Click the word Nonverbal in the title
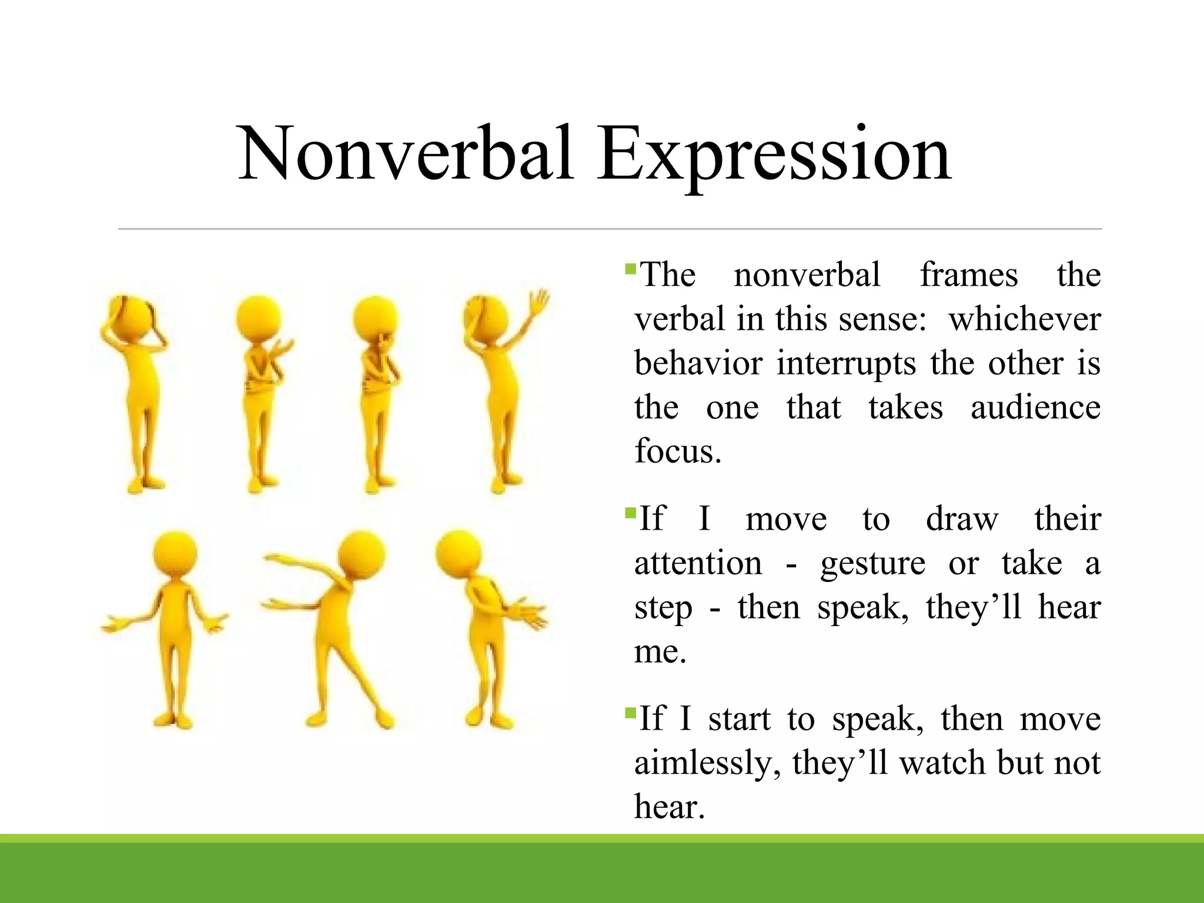406,154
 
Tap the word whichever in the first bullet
1024,319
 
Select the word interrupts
845,363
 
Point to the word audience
1035,407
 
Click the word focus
677,451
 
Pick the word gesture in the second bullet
872,563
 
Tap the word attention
698,563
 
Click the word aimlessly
707,763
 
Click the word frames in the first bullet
968,275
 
